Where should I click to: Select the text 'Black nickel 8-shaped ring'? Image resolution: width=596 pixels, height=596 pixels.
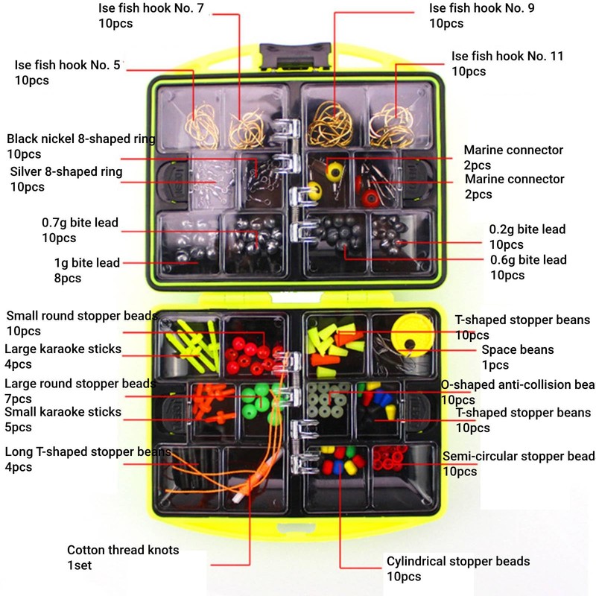point(80,139)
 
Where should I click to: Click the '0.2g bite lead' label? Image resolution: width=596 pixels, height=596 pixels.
point(527,229)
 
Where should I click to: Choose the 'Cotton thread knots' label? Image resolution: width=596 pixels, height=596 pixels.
point(123,550)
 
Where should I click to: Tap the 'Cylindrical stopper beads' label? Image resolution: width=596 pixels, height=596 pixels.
point(458,561)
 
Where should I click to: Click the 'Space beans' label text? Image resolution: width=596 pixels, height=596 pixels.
point(518,349)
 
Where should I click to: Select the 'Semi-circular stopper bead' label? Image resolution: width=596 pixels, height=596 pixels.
point(519,456)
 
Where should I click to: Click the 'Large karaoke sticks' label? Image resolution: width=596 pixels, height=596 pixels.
point(63,349)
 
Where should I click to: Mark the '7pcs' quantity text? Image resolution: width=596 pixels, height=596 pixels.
point(18,399)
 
